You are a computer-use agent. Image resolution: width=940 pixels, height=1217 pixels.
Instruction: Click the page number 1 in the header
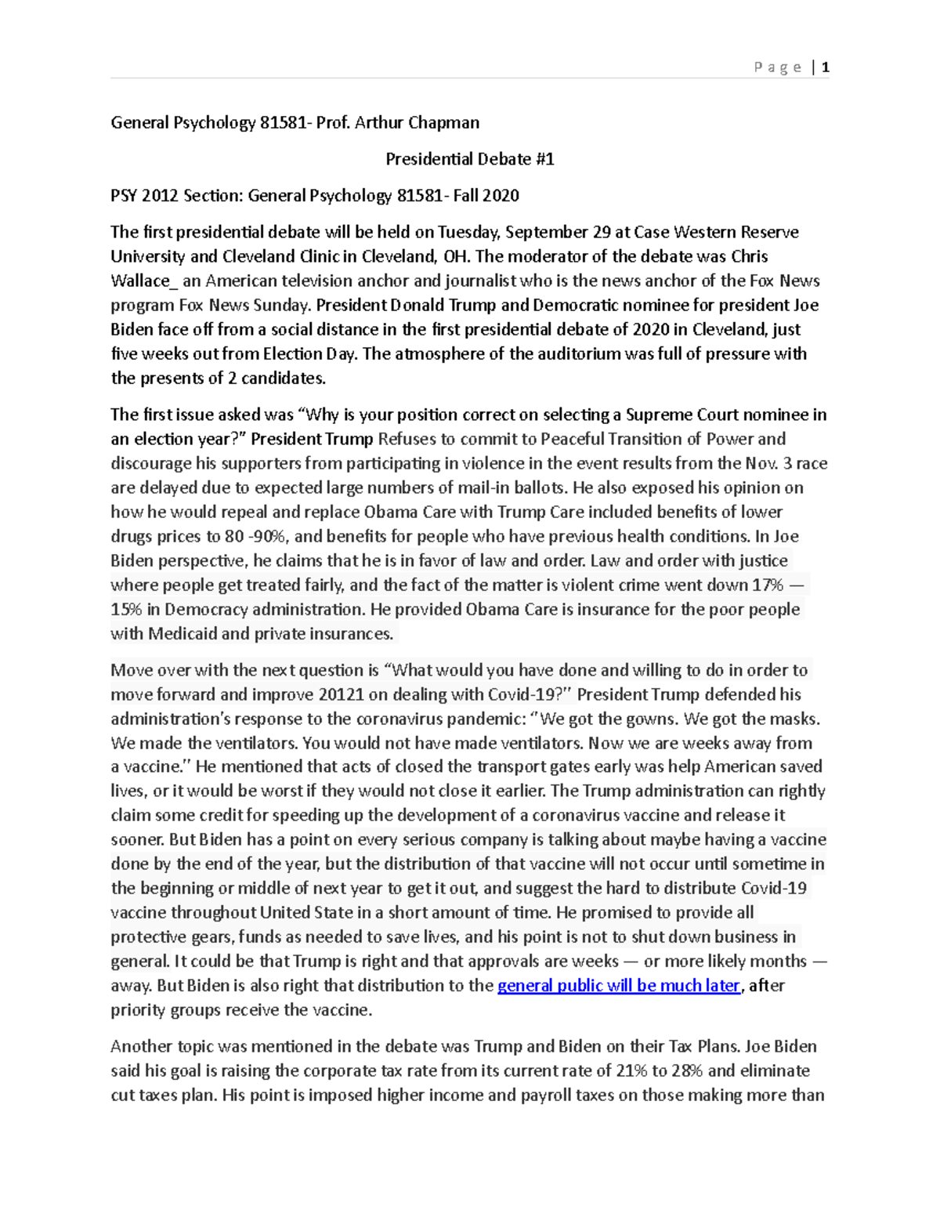click(x=825, y=67)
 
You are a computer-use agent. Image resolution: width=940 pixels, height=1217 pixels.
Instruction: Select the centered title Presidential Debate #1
click(x=469, y=159)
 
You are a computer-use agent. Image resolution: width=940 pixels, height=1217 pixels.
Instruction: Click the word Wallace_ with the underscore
click(x=140, y=281)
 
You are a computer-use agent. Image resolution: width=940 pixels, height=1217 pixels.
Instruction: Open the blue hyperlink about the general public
click(x=618, y=985)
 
